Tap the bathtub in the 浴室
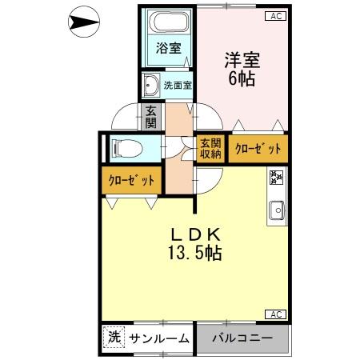tap(168, 24)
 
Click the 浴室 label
tap(167, 48)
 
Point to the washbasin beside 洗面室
tap(150, 83)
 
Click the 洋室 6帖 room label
tap(240, 68)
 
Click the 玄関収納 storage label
tap(210, 149)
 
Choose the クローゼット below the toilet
tap(131, 179)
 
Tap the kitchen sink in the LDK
tap(277, 210)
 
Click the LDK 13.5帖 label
tap(194, 244)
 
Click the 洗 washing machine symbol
tap(114, 338)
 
